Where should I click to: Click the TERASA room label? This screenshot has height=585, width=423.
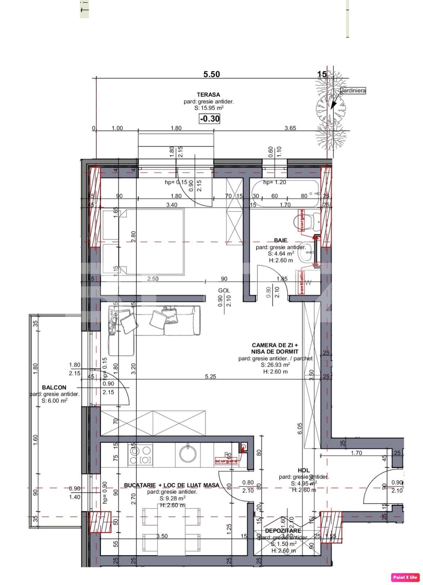click(208, 95)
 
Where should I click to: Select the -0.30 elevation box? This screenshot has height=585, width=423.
click(209, 118)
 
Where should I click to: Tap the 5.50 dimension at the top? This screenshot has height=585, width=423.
click(211, 74)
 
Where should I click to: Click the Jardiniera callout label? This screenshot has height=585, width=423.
click(353, 90)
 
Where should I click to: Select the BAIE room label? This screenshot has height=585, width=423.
click(280, 240)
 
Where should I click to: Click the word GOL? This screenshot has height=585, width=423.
click(224, 290)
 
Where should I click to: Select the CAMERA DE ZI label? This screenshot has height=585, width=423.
click(275, 345)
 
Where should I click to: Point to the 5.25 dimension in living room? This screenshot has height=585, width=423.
click(211, 377)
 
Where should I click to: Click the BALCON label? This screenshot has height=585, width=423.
click(54, 388)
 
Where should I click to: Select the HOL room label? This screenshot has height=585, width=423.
click(303, 470)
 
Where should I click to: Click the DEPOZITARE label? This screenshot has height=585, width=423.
click(283, 531)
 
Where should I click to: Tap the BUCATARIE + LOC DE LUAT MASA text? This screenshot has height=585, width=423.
click(171, 485)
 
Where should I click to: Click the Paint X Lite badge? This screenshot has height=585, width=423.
click(405, 577)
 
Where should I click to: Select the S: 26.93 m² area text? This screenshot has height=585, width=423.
click(275, 365)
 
